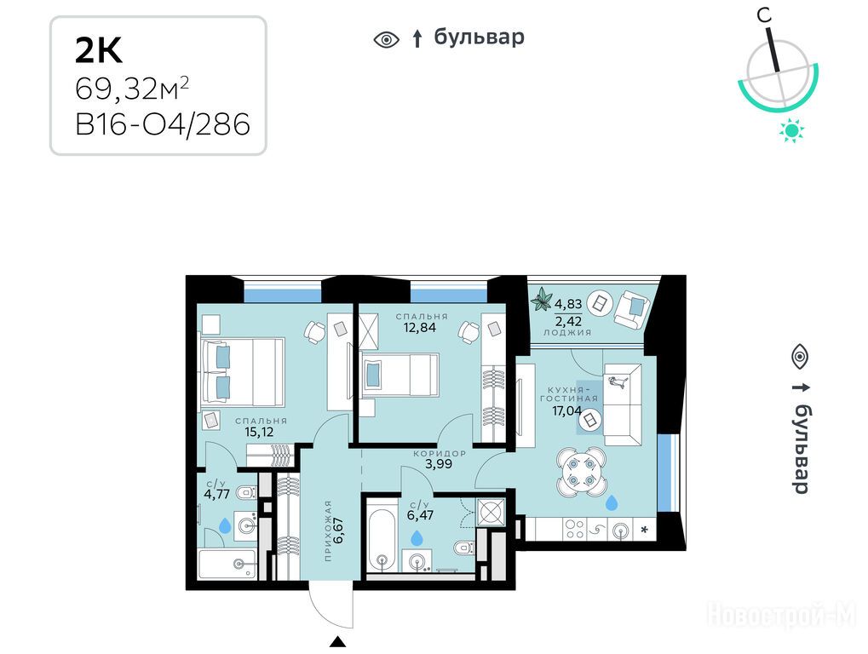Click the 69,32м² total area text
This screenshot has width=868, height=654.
click(132, 89)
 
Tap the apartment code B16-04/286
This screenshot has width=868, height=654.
click(163, 124)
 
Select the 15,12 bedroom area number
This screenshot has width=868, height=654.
click(259, 432)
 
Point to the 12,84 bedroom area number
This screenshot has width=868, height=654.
click(420, 328)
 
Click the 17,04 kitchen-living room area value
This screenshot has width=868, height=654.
click(566, 410)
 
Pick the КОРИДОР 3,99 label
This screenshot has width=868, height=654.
click(439, 459)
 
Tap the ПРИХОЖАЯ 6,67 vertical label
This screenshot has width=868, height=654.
click(333, 531)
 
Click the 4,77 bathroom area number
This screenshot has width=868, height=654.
click(217, 494)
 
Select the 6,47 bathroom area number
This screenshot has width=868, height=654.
click(420, 515)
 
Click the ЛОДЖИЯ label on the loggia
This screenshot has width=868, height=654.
click(567, 332)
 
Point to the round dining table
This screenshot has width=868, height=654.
click(581, 471)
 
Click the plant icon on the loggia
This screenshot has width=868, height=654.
click(542, 301)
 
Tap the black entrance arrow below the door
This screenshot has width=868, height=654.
click(337, 642)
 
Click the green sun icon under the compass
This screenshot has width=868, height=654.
click(791, 130)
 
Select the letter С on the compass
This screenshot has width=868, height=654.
click(764, 15)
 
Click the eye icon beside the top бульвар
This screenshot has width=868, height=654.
click(387, 40)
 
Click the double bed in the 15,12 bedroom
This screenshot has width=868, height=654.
click(243, 372)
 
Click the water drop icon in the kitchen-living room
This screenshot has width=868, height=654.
click(611, 502)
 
